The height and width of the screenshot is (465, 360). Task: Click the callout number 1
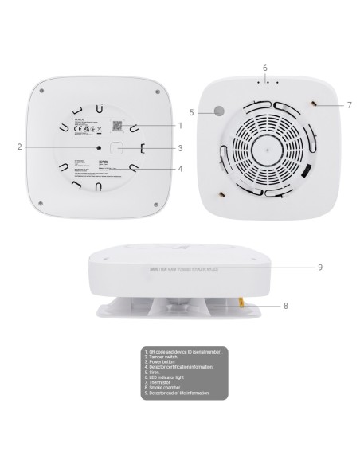(x=181, y=126)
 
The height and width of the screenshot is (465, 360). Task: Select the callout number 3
(x=181, y=147)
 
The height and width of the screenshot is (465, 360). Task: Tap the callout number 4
(x=181, y=169)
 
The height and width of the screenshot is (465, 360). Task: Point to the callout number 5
(x=192, y=112)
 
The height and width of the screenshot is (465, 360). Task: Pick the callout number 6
(x=264, y=68)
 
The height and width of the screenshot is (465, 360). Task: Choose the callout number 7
(x=348, y=105)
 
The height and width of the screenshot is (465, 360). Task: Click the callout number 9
(x=320, y=268)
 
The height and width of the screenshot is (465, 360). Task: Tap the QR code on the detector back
(x=115, y=125)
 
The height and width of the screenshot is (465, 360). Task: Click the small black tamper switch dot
(x=99, y=147)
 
